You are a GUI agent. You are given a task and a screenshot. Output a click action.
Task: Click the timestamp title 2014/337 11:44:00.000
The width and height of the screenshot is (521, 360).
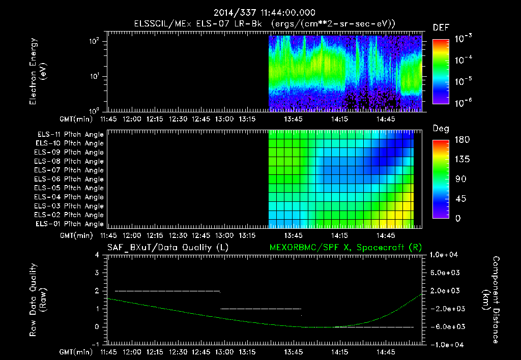(x=264, y=13)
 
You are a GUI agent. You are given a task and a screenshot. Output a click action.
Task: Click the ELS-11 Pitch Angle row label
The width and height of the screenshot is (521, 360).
(x=70, y=135)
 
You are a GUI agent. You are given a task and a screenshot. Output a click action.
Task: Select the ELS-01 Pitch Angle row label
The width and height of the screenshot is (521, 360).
(x=70, y=224)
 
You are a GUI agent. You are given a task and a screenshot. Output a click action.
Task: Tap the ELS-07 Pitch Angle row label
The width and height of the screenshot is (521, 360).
(x=69, y=170)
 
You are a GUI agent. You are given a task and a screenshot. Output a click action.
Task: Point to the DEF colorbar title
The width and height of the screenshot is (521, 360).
(x=441, y=27)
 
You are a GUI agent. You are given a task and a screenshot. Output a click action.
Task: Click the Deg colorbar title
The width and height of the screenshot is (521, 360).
(x=441, y=129)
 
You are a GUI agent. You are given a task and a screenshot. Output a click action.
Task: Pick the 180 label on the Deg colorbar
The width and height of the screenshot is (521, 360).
(x=462, y=139)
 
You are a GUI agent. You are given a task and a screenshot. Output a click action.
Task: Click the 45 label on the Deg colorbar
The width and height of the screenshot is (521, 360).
(x=460, y=199)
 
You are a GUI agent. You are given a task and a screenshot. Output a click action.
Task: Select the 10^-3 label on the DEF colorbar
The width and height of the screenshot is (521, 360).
(x=464, y=39)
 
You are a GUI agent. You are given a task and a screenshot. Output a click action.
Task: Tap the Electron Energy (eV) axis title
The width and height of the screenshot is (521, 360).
(x=38, y=71)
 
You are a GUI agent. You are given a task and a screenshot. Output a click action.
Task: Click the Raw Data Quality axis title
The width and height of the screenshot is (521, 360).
(x=38, y=300)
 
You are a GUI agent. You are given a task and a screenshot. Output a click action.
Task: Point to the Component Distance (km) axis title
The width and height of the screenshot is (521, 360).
(x=491, y=300)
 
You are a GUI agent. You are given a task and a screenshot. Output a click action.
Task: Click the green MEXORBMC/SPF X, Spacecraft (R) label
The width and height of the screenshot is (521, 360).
(x=345, y=248)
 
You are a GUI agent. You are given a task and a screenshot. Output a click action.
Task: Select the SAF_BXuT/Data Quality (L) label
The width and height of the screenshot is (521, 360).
(x=168, y=248)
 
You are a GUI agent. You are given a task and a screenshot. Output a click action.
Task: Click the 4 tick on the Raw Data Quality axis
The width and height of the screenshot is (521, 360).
(x=97, y=255)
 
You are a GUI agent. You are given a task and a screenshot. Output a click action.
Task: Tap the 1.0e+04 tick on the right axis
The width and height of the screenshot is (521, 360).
(x=444, y=255)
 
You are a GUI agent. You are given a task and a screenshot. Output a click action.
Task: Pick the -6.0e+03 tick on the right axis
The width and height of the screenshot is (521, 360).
(x=445, y=327)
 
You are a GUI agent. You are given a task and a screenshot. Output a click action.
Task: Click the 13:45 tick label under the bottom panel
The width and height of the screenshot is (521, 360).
(x=294, y=352)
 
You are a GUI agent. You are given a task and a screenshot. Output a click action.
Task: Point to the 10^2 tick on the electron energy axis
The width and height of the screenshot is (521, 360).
(x=94, y=41)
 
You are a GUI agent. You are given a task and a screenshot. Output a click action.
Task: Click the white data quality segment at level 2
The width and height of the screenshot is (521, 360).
(x=167, y=291)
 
